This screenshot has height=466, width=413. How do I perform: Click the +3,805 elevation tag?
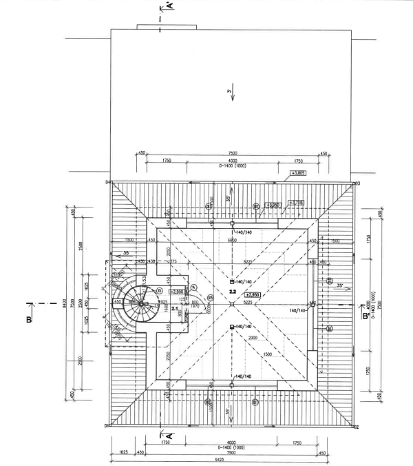(298, 172)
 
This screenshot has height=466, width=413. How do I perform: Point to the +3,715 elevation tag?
(296, 202)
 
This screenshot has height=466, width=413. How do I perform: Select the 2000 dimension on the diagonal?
(253, 338)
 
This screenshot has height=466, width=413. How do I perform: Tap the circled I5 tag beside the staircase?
(159, 290)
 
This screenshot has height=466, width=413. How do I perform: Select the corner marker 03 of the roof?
(357, 183)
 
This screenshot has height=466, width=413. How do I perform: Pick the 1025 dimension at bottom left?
(123, 452)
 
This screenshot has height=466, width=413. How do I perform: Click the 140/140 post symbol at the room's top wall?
(232, 224)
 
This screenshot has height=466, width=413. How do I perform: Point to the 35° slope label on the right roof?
(339, 285)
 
